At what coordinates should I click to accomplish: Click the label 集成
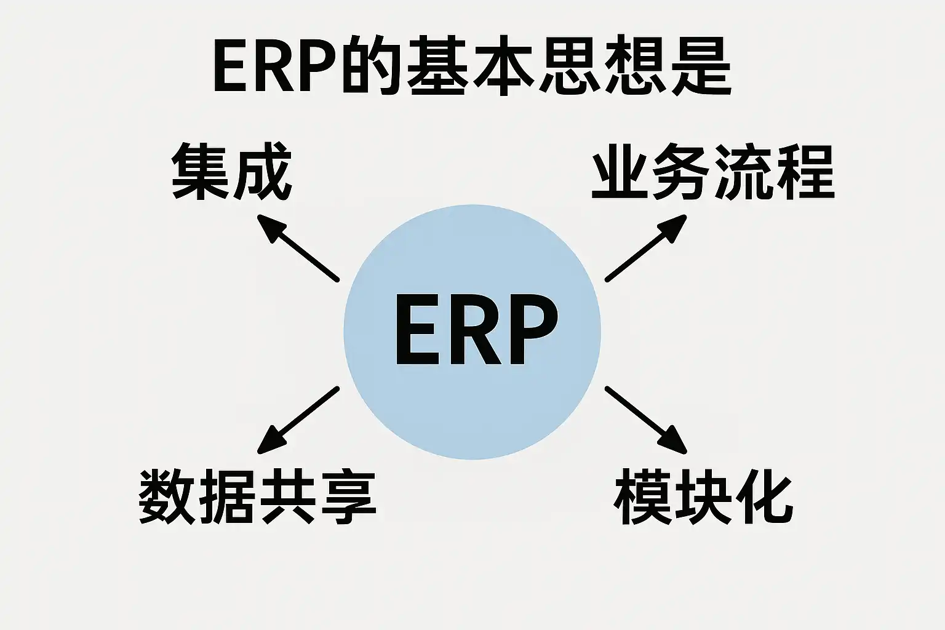point(231,172)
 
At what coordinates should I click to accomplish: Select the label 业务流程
point(712,172)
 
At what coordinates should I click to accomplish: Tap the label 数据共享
point(257,497)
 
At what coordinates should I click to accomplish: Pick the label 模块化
point(704,497)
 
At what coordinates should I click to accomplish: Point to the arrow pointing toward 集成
point(298,248)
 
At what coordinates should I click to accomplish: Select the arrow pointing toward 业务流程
point(646,248)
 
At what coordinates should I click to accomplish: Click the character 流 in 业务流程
point(743,172)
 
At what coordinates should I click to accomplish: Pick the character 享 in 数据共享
point(347,497)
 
